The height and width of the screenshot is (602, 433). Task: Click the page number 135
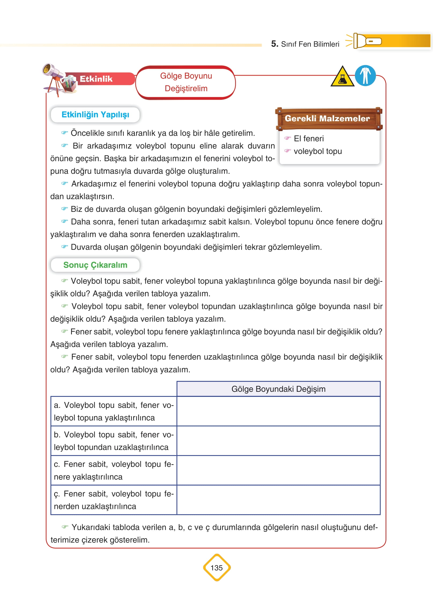tap(217, 568)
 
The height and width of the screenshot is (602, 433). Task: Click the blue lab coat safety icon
tap(365, 76)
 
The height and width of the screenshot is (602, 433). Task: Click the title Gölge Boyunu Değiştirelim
tap(186, 82)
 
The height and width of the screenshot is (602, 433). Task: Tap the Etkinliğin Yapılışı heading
tap(95, 115)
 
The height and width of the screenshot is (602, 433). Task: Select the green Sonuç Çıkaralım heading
tap(95, 265)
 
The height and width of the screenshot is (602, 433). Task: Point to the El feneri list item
tap(309, 139)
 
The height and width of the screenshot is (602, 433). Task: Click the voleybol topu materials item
tap(318, 151)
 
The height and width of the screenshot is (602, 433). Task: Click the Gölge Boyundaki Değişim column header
tap(278, 389)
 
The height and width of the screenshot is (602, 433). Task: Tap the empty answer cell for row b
tap(278, 441)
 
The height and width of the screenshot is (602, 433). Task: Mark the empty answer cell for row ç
tap(278, 500)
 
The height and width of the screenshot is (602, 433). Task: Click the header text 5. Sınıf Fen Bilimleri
tap(305, 44)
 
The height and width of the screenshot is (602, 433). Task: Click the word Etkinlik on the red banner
tap(96, 79)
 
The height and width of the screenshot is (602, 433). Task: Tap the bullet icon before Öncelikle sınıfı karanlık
tap(64, 133)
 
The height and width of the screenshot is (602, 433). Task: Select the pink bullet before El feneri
tap(287, 138)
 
